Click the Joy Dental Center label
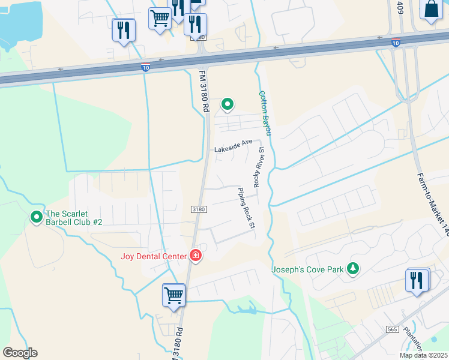pyautogui.click(x=154, y=257)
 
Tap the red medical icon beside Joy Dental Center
pyautogui.click(x=195, y=256)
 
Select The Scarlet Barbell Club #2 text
pyautogui.click(x=74, y=217)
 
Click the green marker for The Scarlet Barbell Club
pyautogui.click(x=36, y=217)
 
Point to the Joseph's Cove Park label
pyautogui.click(x=308, y=269)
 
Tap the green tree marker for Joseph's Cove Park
pyautogui.click(x=354, y=269)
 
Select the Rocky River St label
pyautogui.click(x=258, y=167)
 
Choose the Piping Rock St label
pyautogui.click(x=246, y=208)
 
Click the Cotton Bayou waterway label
pyautogui.click(x=265, y=112)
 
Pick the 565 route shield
pyautogui.click(x=393, y=329)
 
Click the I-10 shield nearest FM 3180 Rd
pyautogui.click(x=145, y=68)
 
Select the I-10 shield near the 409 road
pyautogui.click(x=395, y=43)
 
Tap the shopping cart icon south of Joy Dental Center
pyautogui.click(x=173, y=295)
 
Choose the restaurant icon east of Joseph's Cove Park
pyautogui.click(x=417, y=280)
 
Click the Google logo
pyautogui.click(x=20, y=353)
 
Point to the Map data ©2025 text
pyautogui.click(x=423, y=355)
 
